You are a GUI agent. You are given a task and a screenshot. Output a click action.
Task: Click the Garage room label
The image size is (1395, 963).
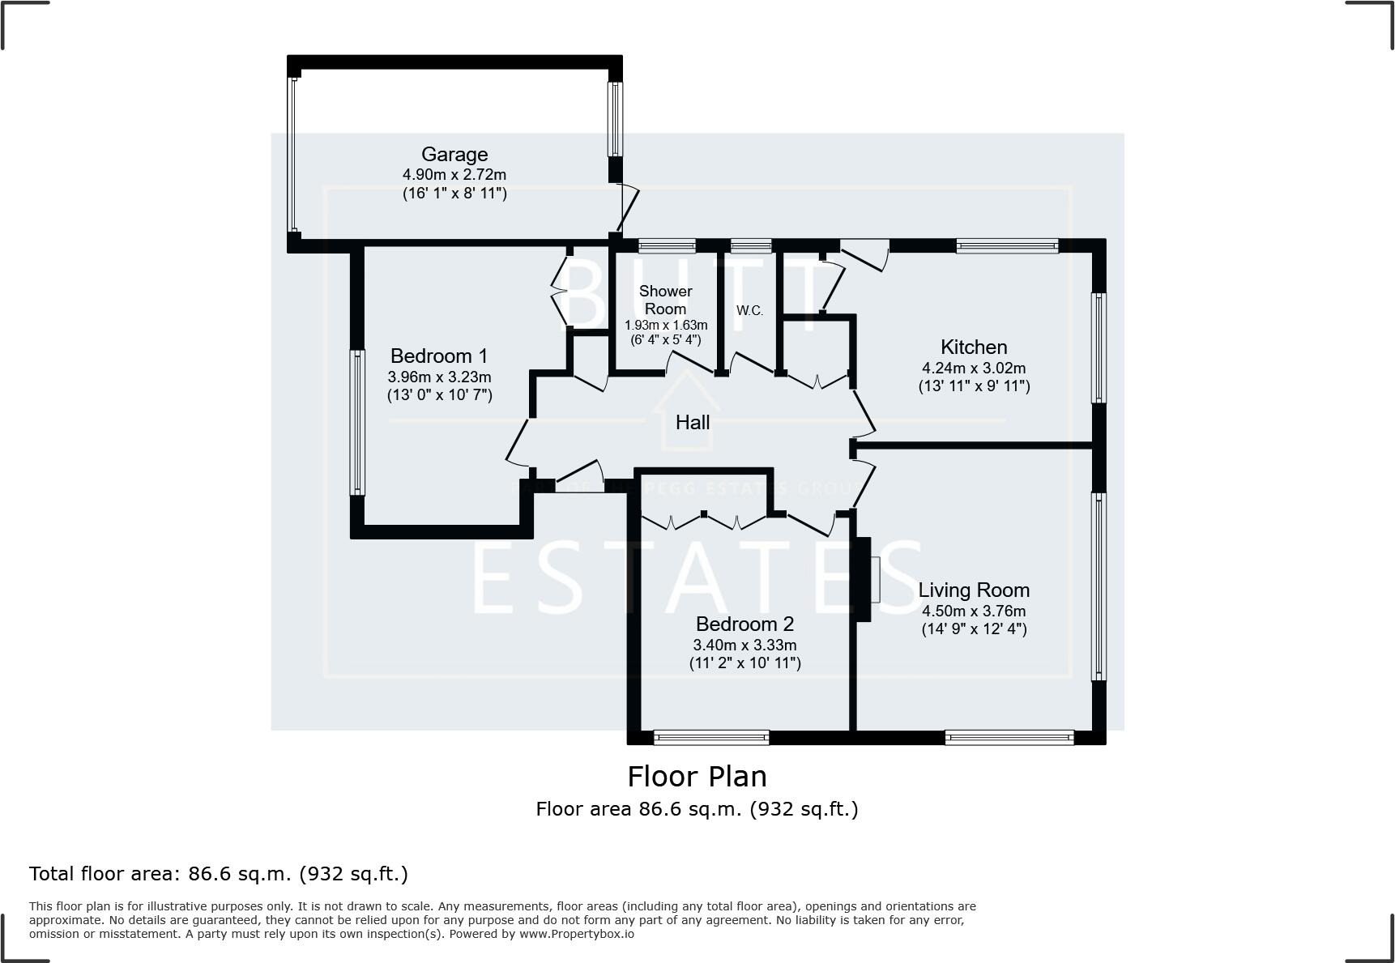[454, 154]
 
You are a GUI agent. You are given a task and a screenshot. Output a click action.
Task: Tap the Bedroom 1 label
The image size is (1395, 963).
[439, 356]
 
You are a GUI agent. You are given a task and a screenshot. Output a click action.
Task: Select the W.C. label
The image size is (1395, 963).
[749, 310]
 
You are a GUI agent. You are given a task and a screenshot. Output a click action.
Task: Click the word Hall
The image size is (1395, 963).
[693, 422]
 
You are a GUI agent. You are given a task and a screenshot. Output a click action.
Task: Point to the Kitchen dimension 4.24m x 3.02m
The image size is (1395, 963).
[974, 368]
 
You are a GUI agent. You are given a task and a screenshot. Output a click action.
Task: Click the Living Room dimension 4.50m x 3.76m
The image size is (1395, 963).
[974, 611]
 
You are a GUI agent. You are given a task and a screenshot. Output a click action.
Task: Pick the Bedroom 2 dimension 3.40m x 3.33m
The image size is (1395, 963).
[744, 646]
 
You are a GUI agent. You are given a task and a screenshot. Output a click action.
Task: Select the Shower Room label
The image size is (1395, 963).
[666, 300]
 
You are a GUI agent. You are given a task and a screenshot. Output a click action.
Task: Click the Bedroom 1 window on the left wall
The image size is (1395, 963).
[356, 421]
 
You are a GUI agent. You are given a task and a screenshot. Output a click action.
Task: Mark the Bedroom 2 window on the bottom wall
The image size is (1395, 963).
[711, 737]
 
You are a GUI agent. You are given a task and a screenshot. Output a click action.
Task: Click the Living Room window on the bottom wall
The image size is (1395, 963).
[1009, 737]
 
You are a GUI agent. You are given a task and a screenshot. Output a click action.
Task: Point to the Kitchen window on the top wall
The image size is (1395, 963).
[1007, 245]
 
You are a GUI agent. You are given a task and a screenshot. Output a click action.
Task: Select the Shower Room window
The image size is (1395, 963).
[667, 245]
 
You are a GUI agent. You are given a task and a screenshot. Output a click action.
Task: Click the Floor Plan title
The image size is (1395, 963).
[697, 777]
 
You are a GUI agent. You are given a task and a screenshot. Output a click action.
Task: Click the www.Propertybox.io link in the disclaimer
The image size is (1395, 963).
[577, 934]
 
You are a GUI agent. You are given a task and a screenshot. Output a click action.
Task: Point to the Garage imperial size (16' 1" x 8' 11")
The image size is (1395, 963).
[454, 194]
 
